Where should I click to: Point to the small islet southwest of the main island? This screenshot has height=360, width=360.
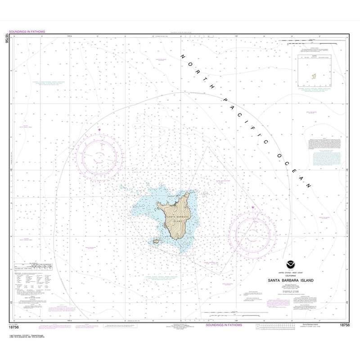[x=157, y=241]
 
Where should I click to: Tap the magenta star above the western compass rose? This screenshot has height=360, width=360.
[x=99, y=130]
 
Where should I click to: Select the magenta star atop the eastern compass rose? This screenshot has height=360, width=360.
[x=253, y=207]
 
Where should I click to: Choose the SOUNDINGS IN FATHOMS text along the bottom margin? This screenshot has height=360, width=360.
[x=224, y=324]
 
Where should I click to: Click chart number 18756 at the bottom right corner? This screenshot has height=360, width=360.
[x=345, y=324]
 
